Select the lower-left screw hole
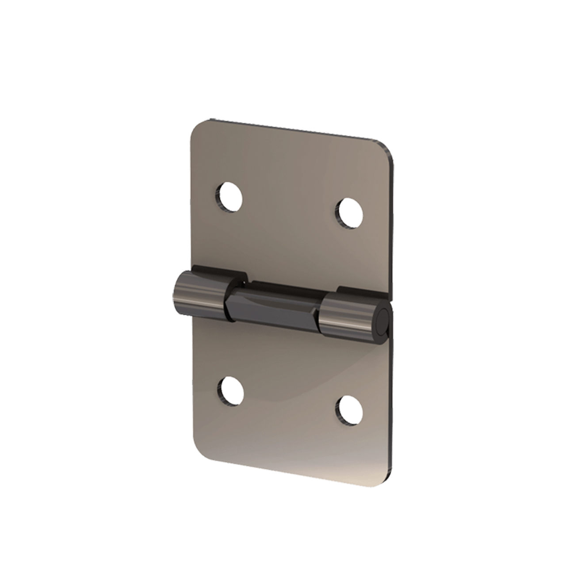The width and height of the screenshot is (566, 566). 230,391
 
